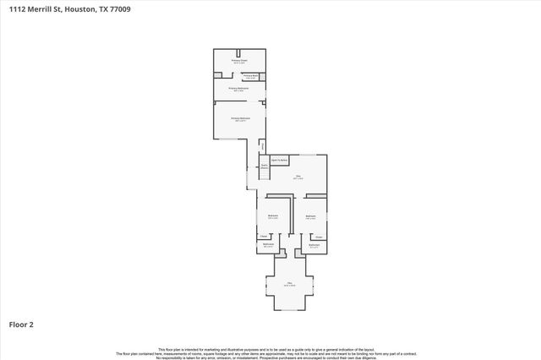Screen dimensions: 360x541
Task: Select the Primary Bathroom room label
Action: coord(239,89)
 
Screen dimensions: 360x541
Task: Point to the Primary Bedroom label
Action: coord(239,119)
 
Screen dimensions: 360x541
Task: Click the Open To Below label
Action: coord(280,160)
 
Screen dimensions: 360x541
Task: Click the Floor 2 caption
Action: coord(21,324)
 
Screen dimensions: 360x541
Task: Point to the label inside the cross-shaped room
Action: coord(289,284)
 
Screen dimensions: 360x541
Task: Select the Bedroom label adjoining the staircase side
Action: coord(273,216)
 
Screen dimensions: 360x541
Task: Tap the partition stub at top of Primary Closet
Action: coord(239,52)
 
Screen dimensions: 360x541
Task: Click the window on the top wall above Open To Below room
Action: coord(309,155)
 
